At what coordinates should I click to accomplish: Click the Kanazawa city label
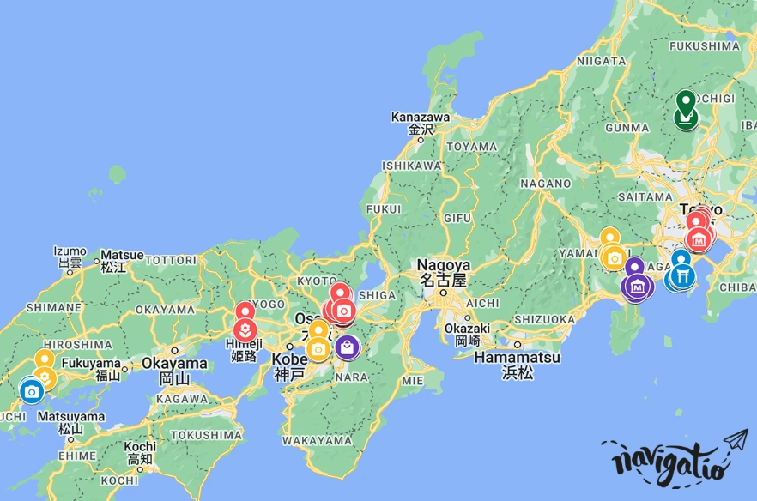420,117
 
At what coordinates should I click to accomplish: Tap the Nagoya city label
443,265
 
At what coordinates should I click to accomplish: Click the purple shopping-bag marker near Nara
348,347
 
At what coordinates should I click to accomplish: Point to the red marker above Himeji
245,312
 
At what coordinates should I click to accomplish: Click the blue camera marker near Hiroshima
32,392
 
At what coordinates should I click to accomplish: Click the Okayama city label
174,364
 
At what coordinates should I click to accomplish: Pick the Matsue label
120,255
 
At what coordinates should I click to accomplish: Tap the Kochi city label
139,447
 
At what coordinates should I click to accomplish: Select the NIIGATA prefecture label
602,61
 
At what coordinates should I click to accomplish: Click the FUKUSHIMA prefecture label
703,45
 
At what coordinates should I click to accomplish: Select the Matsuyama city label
72,417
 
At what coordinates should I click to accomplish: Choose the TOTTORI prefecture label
171,260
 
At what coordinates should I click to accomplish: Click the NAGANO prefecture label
545,184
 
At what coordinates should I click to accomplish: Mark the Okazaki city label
467,329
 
